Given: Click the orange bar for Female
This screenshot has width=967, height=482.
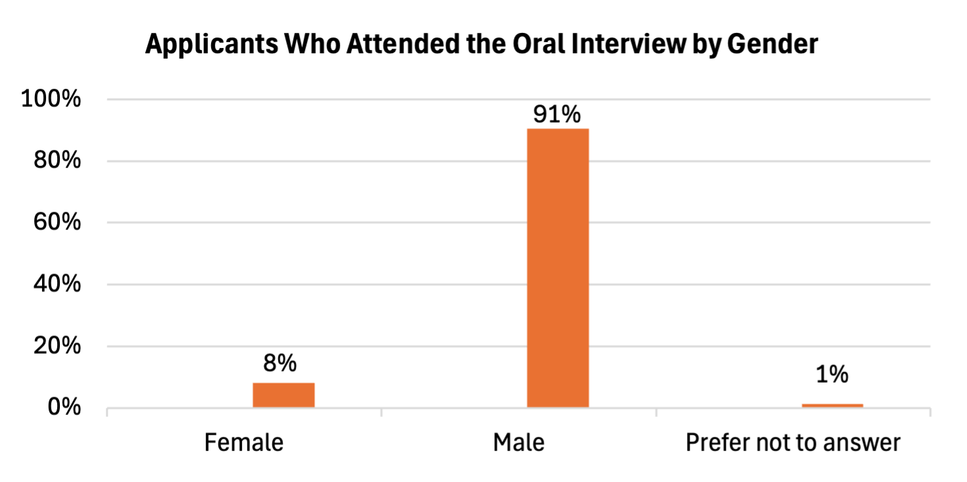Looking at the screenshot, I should [x=284, y=395].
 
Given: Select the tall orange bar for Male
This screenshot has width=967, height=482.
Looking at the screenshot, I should [x=558, y=268].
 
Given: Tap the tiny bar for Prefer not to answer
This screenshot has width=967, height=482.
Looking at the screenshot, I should [x=832, y=405].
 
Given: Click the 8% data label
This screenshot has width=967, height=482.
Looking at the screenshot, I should [x=284, y=364].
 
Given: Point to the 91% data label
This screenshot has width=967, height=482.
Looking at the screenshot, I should [x=557, y=114].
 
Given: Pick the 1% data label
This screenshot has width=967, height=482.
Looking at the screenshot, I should [x=832, y=374].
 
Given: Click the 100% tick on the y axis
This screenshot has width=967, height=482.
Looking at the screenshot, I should [x=51, y=100].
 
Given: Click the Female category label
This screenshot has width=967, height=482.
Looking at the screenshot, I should [x=244, y=443].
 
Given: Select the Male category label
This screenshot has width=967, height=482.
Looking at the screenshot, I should [x=519, y=443].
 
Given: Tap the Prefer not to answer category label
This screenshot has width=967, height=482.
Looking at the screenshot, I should [x=793, y=443].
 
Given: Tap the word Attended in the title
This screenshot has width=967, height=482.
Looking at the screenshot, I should [x=394, y=45].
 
